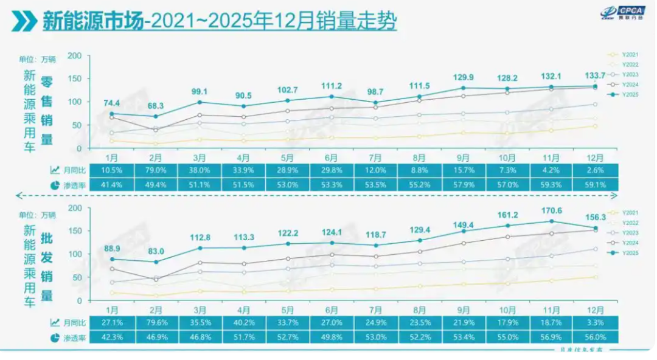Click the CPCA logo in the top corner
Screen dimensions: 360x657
(x=624, y=13)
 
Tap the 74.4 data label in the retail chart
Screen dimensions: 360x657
(x=111, y=103)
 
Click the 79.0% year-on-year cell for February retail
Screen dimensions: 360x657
(x=156, y=170)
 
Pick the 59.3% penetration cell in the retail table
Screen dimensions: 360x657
(x=551, y=184)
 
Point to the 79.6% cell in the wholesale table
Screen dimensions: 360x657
(x=156, y=322)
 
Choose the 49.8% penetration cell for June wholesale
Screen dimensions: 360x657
(x=332, y=336)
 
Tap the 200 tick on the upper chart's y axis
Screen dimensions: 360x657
(x=75, y=56)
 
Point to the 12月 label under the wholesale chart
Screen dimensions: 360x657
(x=596, y=308)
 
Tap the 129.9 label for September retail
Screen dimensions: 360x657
(x=464, y=77)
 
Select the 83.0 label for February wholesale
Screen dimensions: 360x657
(x=156, y=251)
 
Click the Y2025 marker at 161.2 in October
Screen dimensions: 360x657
(x=507, y=226)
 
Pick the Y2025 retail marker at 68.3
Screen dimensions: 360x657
(x=156, y=116)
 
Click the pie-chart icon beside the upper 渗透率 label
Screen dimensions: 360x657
(x=55, y=184)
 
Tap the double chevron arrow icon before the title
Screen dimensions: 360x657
(x=24, y=22)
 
